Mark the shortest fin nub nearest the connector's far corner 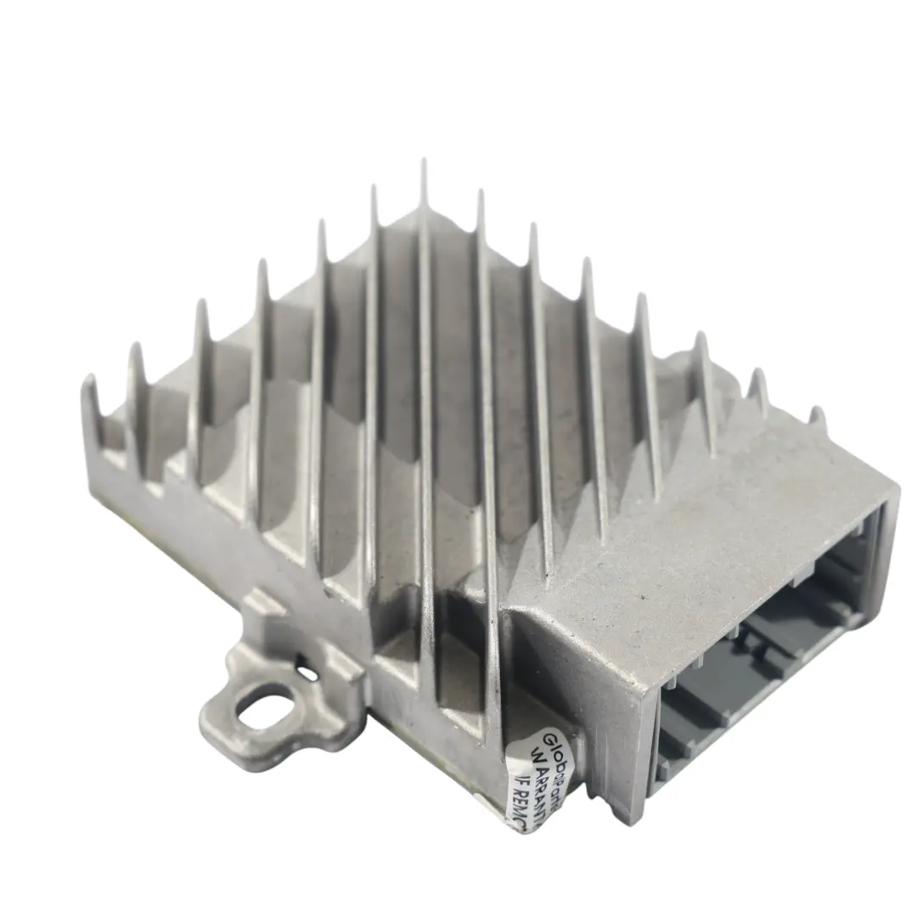pyautogui.click(x=817, y=413)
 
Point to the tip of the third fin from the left pyautogui.click(x=201, y=303)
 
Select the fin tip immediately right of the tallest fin pyautogui.click(x=480, y=194)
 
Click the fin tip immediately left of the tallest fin pyautogui.click(x=373, y=188)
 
